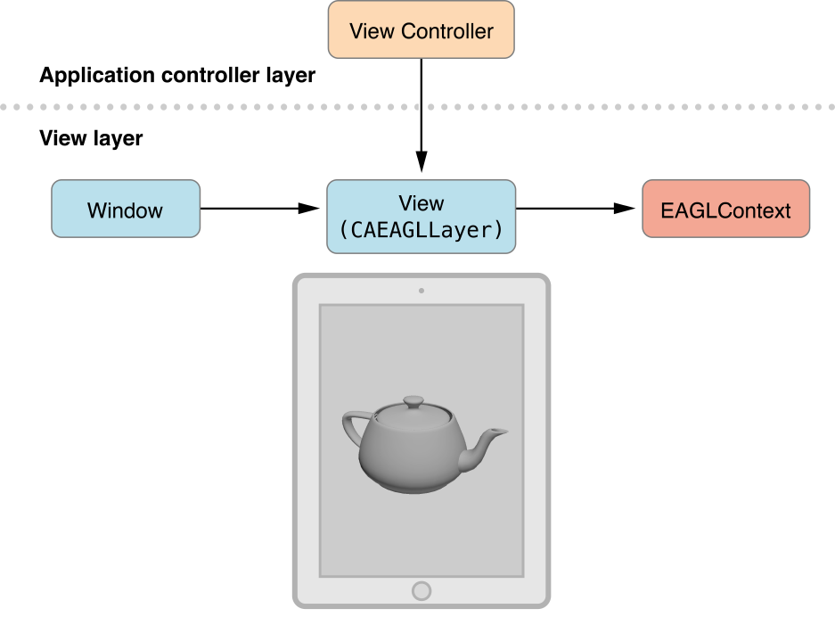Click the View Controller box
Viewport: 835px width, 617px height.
421,30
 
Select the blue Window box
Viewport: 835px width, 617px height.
126,210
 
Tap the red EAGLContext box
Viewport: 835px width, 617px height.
725,210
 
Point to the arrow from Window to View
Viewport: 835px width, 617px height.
258,209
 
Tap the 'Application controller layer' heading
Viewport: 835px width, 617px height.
177,76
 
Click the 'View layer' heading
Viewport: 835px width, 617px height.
91,139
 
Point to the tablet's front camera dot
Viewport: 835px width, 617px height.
421,290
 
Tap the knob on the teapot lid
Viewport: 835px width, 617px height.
413,402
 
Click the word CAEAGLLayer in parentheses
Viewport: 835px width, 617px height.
422,230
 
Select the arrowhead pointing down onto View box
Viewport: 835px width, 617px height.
421,164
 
